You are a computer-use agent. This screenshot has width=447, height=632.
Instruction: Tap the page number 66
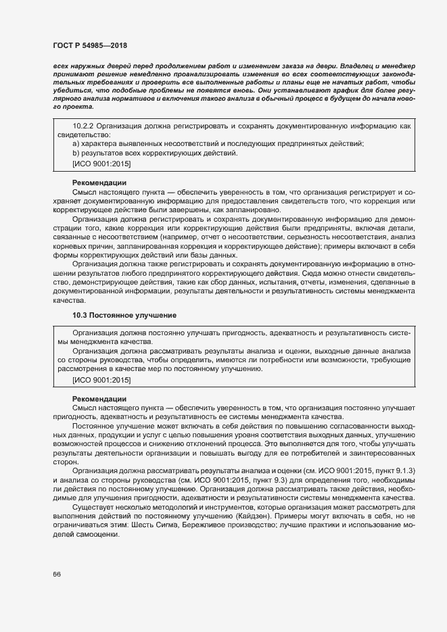point(57,574)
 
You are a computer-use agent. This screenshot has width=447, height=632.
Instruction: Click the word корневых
point(67,247)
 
